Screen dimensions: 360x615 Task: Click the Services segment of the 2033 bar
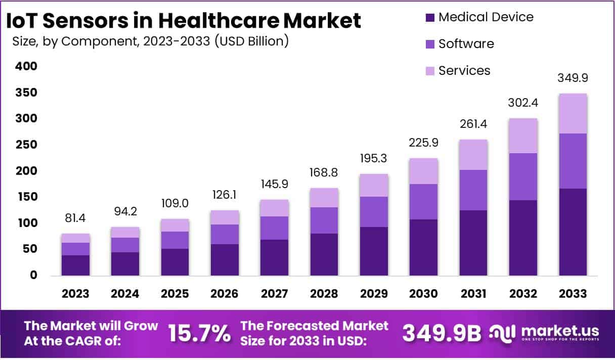pyautogui.click(x=573, y=114)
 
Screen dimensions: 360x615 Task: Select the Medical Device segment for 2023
pyautogui.click(x=76, y=265)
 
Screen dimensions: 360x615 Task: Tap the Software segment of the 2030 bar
pyautogui.click(x=423, y=202)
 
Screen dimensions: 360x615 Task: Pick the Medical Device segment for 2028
pyautogui.click(x=324, y=254)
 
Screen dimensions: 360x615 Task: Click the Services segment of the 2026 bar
pyautogui.click(x=225, y=217)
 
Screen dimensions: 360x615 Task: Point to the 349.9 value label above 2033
pyautogui.click(x=573, y=78)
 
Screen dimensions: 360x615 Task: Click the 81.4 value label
pyautogui.click(x=76, y=219)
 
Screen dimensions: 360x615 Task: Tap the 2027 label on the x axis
pyautogui.click(x=275, y=293)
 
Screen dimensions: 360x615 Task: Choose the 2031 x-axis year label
pyautogui.click(x=473, y=293)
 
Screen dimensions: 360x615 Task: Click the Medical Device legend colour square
pyautogui.click(x=430, y=18)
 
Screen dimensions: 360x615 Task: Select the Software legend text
pyautogui.click(x=466, y=44)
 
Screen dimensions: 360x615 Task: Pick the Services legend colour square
pyautogui.click(x=430, y=71)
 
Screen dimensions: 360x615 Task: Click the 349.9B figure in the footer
pyautogui.click(x=442, y=333)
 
